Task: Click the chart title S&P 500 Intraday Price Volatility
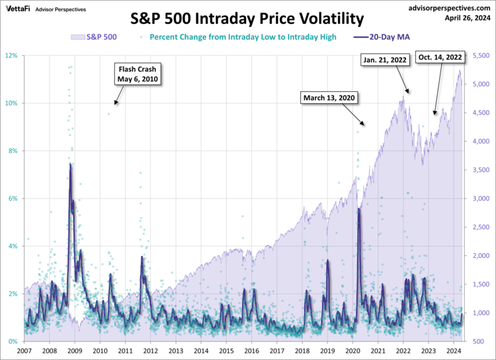[x=247, y=18]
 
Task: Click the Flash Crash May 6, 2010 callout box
[x=139, y=74]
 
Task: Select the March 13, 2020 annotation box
[x=329, y=98]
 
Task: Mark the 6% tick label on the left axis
[x=13, y=199]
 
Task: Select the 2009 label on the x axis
[x=75, y=351]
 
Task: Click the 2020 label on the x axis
[x=352, y=351]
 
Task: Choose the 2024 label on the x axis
[x=454, y=351]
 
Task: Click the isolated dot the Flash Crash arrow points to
[x=109, y=114]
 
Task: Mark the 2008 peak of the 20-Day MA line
[x=70, y=163]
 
